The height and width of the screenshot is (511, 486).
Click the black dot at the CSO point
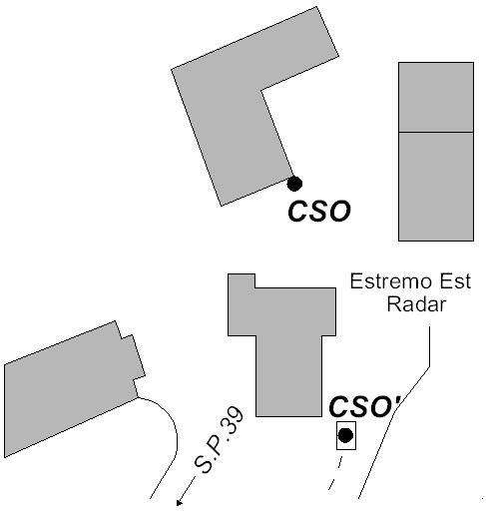tap(294, 184)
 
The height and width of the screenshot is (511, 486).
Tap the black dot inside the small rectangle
tap(345, 435)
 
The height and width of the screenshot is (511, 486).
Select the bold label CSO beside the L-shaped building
tap(319, 211)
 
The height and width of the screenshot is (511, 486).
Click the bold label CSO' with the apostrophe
tap(365, 406)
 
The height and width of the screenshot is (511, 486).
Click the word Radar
tap(416, 304)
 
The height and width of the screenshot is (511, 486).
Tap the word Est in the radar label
tap(455, 281)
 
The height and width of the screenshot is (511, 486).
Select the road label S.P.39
tap(219, 439)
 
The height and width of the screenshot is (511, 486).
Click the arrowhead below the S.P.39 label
tap(179, 503)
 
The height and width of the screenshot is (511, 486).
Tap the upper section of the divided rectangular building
tap(436, 97)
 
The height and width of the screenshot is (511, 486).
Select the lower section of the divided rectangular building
tap(436, 187)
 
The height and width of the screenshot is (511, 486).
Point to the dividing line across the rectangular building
tap(436, 133)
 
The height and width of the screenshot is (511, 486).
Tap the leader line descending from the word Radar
tap(409, 392)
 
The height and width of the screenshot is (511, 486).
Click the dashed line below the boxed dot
tap(335, 473)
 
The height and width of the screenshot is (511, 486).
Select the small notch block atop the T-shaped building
tap(242, 280)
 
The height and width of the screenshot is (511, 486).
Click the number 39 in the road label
tap(232, 420)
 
